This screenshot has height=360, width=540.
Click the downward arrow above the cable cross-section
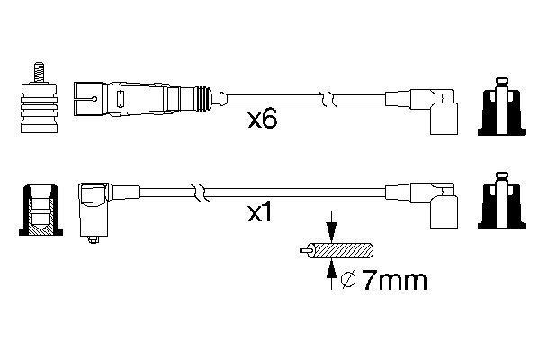(x=332, y=229)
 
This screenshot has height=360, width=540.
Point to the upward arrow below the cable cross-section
(x=332, y=274)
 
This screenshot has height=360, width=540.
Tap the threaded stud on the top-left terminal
(x=39, y=71)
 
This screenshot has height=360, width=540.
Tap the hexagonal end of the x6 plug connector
(x=87, y=94)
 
